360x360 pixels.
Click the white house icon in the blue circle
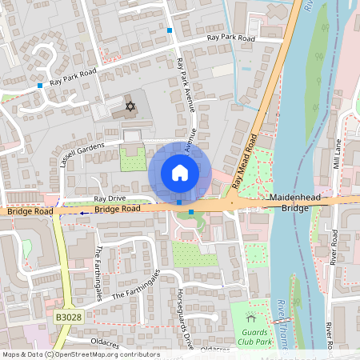pos(180,172)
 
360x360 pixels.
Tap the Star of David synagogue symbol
pos(129,106)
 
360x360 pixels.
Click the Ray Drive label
pos(110,198)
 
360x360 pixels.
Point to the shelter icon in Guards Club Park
pos(251,318)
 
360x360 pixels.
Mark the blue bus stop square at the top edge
pos(170,30)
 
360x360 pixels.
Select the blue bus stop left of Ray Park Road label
pos(40,85)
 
